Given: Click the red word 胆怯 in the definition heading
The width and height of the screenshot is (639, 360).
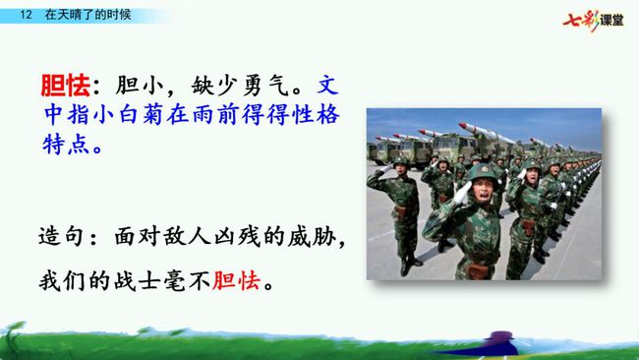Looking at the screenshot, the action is click(x=65, y=86).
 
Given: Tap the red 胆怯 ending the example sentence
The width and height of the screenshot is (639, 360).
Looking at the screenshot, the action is click(x=236, y=281).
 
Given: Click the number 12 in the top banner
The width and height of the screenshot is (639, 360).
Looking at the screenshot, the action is click(x=26, y=15).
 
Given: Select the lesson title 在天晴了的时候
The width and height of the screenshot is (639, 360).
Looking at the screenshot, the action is click(x=88, y=15).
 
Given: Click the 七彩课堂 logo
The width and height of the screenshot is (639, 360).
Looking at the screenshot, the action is click(x=593, y=20).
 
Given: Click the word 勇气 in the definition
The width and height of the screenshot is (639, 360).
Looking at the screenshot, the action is click(x=266, y=86).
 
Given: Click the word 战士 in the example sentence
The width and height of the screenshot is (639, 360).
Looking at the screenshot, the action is click(x=138, y=281).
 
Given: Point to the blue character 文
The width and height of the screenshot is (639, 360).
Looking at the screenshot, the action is click(x=327, y=86).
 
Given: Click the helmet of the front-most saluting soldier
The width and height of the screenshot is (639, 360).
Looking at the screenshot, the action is click(x=484, y=172).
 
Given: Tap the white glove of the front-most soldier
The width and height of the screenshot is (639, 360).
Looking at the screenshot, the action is click(x=463, y=193).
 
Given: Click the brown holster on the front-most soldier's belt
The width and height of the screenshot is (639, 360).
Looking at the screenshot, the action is click(x=478, y=270).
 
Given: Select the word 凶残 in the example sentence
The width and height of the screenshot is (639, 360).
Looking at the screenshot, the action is click(x=237, y=236).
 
